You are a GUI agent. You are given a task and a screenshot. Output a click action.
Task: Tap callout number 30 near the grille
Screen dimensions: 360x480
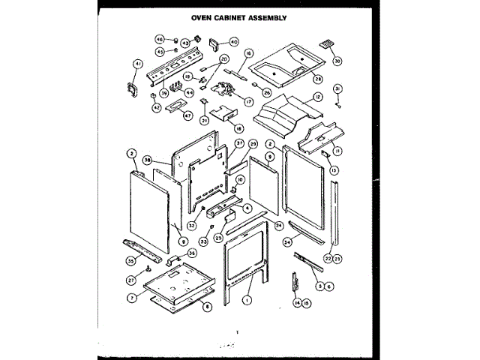coord(337,61)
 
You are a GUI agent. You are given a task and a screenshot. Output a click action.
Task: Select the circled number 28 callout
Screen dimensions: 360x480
coord(317,78)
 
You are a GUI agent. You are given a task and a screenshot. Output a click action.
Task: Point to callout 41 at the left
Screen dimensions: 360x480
coord(137,63)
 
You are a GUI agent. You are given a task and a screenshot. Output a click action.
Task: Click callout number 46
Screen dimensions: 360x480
coord(159,39)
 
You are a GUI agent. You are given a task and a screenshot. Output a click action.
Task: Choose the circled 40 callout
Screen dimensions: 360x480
coord(233,42)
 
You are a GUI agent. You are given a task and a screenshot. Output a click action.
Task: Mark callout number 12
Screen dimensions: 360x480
coord(318,97)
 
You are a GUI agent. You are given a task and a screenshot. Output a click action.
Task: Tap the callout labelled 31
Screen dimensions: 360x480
coord(337,88)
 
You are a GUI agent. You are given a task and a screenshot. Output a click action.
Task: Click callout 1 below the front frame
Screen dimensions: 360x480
coord(244,298)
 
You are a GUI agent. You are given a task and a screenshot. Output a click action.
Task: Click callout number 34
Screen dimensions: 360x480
coord(287,242)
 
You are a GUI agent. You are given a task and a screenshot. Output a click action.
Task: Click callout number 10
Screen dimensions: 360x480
coord(240,180)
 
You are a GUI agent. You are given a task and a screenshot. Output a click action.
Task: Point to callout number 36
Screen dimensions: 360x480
coord(192,253)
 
